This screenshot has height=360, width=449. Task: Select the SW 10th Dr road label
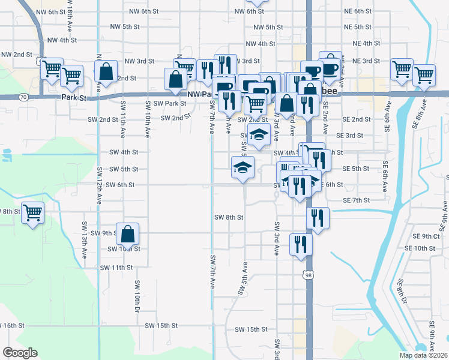pos(137,296)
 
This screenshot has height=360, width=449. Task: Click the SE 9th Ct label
pos(431,236)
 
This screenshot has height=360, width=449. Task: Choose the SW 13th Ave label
pos(84,243)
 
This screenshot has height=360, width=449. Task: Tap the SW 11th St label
pos(116,267)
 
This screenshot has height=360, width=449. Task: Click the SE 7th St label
pos(355,200)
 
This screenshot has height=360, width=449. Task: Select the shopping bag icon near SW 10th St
pos(127,234)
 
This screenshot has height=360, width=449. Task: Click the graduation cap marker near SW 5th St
pos(243,168)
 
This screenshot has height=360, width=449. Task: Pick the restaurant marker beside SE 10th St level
pos(301,245)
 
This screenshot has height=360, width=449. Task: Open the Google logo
pos(20,353)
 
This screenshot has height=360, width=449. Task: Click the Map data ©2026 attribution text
pos(423,355)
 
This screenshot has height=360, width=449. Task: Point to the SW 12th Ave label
pos(98,184)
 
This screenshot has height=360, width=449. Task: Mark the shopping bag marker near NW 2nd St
pos(106,71)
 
